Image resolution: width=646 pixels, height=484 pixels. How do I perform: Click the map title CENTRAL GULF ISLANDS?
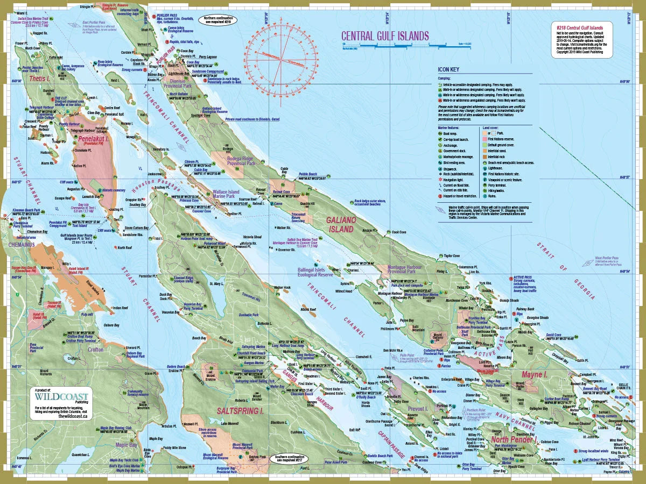click(385, 36)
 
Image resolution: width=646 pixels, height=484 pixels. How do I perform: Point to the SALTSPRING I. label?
click(240, 410)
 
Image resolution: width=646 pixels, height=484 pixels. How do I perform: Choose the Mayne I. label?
click(535, 373)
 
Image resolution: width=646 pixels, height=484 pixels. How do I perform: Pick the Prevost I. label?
click(417, 409)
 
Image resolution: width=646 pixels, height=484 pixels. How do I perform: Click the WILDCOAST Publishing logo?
click(62, 398)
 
